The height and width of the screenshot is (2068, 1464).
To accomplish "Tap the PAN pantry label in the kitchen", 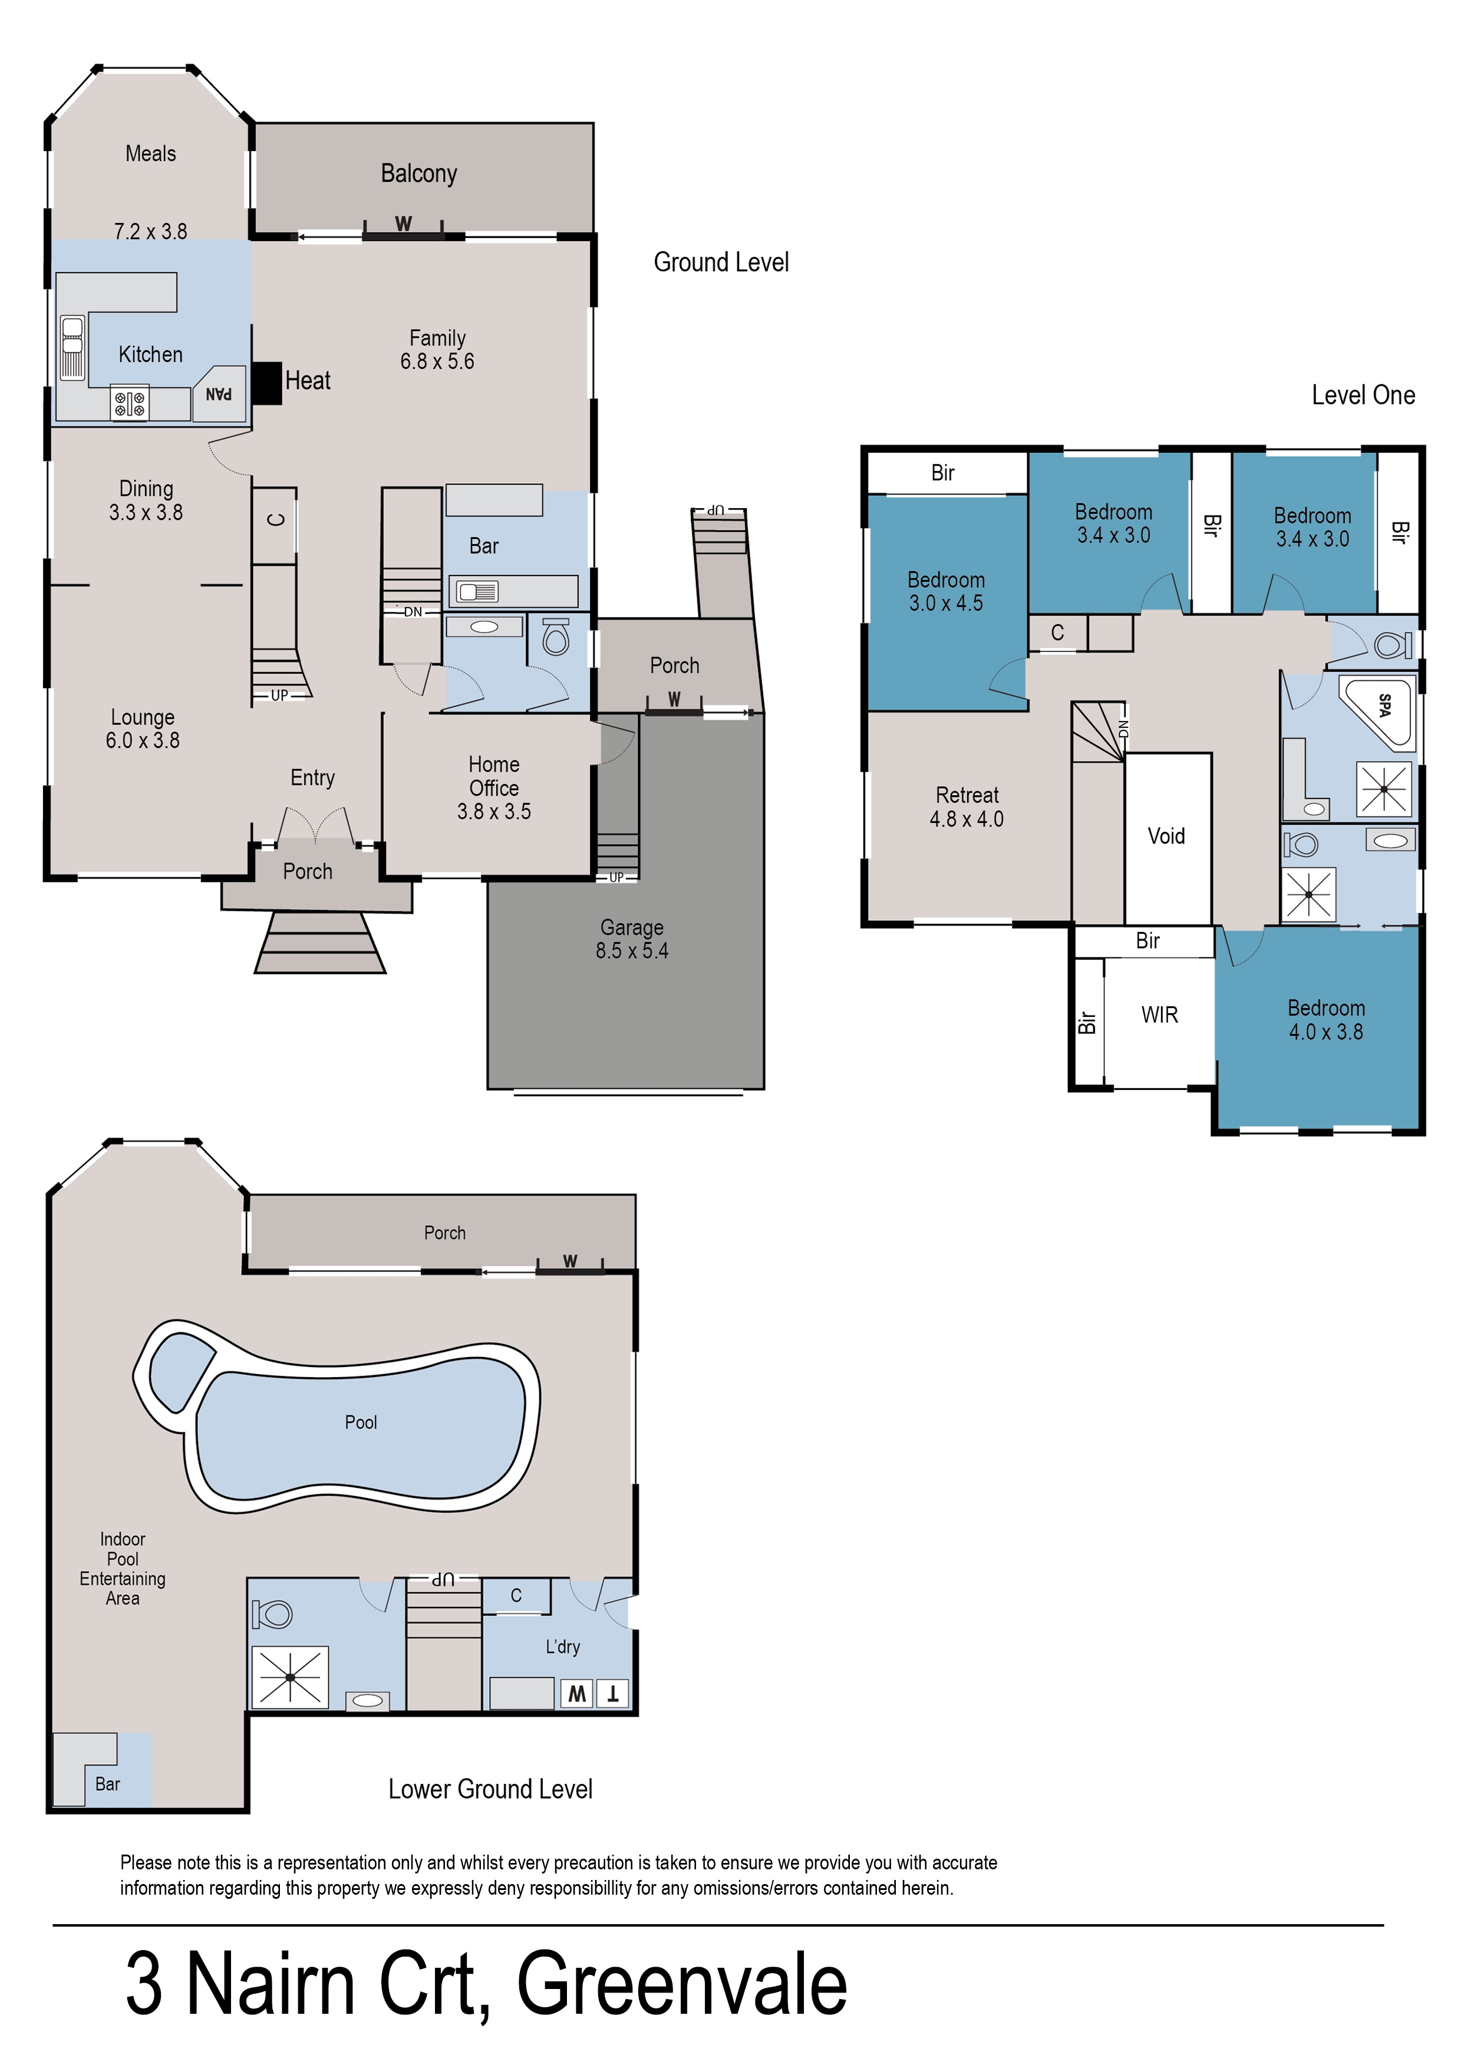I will [219, 394].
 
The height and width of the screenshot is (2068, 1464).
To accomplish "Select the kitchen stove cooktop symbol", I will [130, 403].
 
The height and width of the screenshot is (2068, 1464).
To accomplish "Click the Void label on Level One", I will [1166, 836].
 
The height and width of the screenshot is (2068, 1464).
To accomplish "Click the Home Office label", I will [493, 776].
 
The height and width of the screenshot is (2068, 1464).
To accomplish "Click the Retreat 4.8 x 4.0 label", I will [967, 807].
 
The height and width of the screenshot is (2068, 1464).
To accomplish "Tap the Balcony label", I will [418, 173].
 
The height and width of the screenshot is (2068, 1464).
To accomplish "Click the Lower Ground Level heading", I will [490, 1789].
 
